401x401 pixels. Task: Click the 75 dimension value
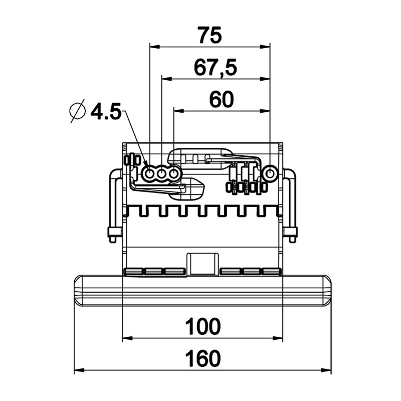[210, 35]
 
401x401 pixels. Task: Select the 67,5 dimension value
[216, 68]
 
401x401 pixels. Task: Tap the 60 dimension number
[222, 99]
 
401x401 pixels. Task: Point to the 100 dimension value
[203, 327]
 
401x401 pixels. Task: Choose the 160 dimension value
[203, 358]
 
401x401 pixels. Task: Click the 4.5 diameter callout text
[106, 112]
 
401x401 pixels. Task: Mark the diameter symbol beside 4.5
[78, 110]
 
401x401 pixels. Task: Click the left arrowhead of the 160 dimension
[79, 370]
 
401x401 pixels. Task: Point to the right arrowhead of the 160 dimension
[326, 370]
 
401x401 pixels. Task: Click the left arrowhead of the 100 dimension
[128, 338]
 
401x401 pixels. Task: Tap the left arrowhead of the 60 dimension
[179, 111]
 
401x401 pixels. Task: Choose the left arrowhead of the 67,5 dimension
[167, 79]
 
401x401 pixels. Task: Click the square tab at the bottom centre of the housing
[203, 264]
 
